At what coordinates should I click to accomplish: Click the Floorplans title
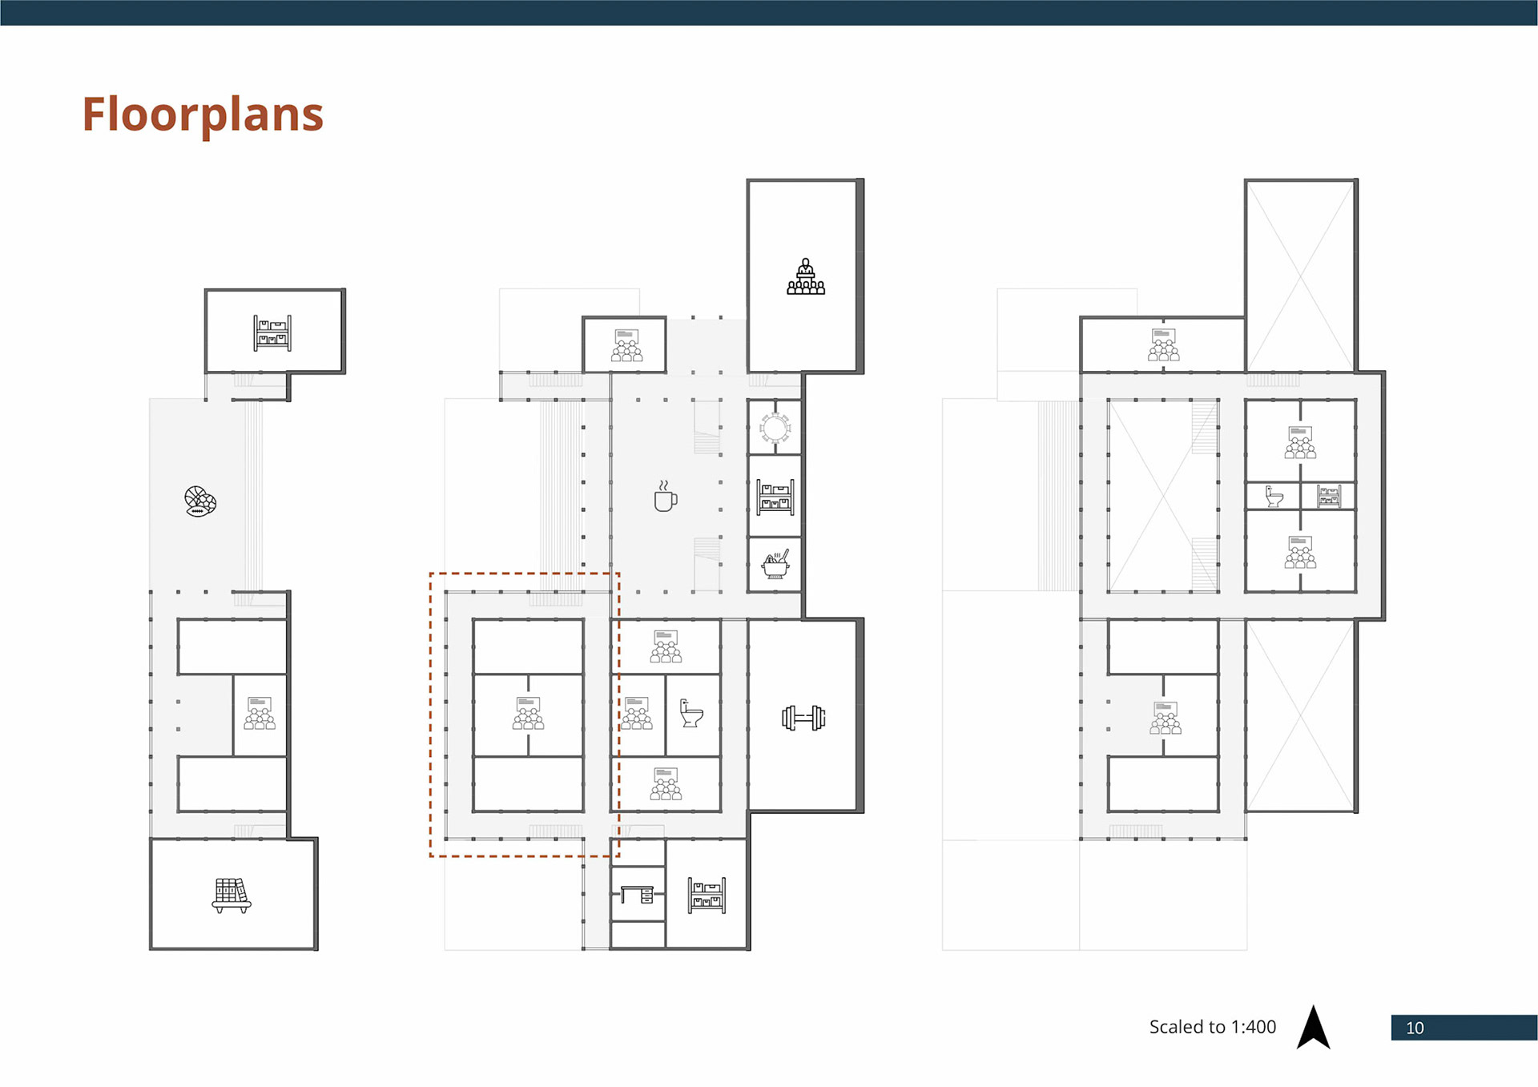tap(203, 115)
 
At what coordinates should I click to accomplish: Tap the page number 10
tap(1415, 1028)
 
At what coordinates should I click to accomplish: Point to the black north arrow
tap(1313, 1027)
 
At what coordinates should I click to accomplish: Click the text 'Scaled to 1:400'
tap(1212, 1027)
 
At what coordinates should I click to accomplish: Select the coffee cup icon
tap(665, 497)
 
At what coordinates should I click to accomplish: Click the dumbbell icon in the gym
tap(803, 718)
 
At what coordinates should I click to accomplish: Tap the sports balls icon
tap(200, 501)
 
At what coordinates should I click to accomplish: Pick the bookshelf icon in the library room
tap(232, 896)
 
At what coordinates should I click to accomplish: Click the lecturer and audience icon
tap(806, 276)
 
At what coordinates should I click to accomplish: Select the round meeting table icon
tap(775, 429)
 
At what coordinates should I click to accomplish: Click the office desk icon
tap(638, 895)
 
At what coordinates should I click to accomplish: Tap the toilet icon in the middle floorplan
tap(691, 713)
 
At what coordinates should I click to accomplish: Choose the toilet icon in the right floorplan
tap(1274, 497)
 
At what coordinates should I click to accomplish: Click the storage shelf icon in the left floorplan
tap(272, 333)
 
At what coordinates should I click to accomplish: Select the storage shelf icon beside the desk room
tap(707, 896)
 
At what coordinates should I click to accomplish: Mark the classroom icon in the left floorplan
tap(260, 713)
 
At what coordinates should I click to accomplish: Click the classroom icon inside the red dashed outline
tap(528, 713)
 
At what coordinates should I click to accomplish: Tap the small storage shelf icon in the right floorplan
tap(1329, 497)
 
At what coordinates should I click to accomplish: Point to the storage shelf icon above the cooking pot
tap(775, 497)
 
